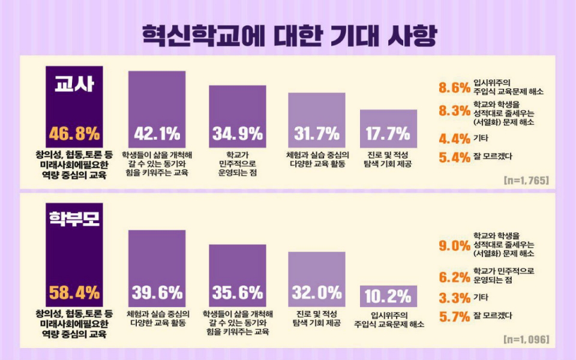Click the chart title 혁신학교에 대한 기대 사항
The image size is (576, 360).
click(289, 35)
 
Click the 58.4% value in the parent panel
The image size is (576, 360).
click(74, 293)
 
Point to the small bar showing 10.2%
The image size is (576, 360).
click(388, 296)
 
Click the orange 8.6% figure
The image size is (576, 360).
click(454, 88)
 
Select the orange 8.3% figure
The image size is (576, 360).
click(454, 111)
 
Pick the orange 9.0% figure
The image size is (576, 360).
click(454, 245)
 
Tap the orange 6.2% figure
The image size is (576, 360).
click(454, 277)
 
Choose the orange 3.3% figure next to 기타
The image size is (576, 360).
click(454, 298)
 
